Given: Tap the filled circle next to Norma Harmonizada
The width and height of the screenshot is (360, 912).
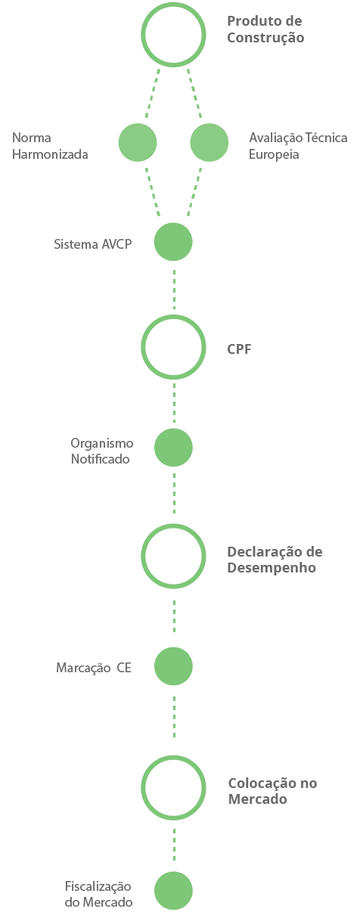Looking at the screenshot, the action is (138, 142).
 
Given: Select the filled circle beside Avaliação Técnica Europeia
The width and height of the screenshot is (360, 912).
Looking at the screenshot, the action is (209, 142).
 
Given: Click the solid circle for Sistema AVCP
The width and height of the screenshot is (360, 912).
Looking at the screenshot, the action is (173, 242).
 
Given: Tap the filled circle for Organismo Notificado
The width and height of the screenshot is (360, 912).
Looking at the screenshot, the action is (173, 448).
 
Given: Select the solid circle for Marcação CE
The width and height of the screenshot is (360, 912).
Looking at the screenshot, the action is (173, 666).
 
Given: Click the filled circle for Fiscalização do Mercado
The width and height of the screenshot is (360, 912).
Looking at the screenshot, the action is (173, 890).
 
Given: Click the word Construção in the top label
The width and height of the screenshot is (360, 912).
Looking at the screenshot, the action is (265, 38).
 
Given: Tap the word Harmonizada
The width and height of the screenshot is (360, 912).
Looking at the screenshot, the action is (50, 154).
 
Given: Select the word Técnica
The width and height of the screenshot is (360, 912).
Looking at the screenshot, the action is (326, 137).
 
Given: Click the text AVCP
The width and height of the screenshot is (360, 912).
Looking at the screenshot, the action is (117, 244).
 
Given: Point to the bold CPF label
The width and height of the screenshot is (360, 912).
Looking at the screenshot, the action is (239, 349).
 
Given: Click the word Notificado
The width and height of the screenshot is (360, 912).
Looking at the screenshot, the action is (100, 459).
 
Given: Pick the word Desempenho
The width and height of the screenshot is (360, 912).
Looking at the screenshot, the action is (272, 568).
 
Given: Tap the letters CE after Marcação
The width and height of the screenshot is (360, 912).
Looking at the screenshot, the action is (124, 668).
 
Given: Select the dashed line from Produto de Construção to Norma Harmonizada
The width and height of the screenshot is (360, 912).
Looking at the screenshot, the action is (153, 94).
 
